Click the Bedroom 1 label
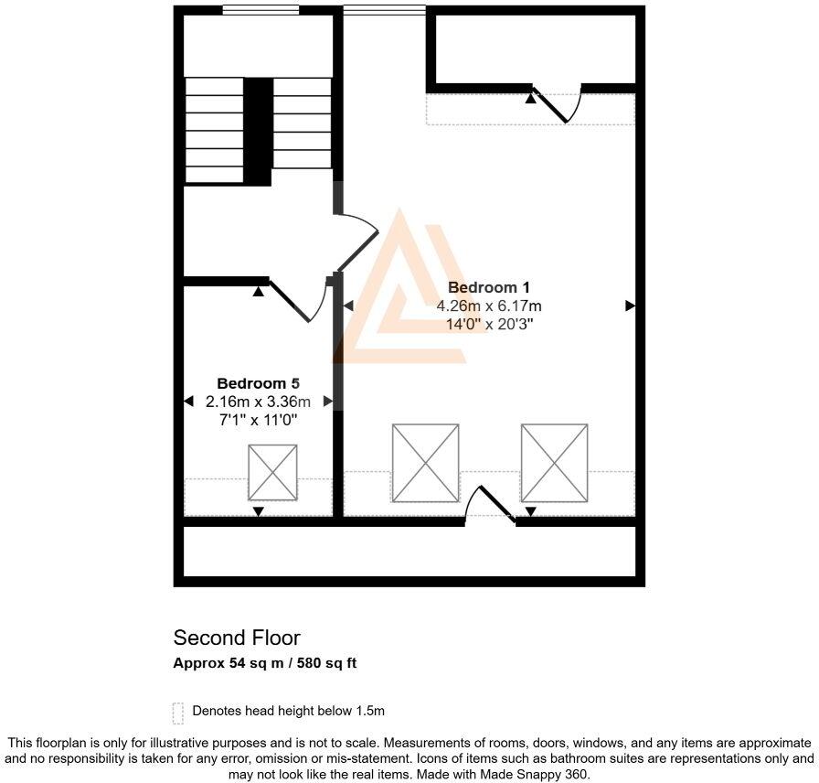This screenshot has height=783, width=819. coord(489,287)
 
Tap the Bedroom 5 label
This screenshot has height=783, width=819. coord(258,383)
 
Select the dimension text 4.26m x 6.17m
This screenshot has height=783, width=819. coord(489,306)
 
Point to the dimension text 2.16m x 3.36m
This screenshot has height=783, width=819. coord(258,402)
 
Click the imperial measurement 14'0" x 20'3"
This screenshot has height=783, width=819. coord(489,324)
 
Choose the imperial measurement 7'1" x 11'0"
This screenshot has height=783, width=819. coord(258,420)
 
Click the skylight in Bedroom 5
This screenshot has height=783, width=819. coord(272,472)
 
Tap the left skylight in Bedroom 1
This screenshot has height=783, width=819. coord(425,463)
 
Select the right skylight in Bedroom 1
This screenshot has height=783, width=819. coord(555,463)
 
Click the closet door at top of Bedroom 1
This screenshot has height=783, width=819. coord(558,102)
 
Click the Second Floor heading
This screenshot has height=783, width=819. coord(237,638)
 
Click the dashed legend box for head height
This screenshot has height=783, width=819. coord(178,712)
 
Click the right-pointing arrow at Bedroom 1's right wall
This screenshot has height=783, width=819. coord(630,306)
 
